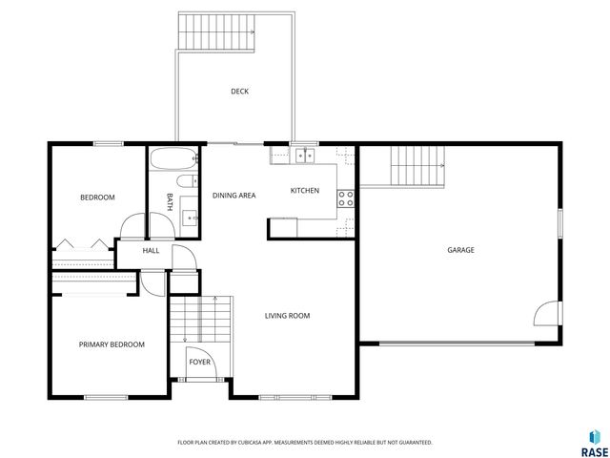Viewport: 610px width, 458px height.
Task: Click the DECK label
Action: point(239,92)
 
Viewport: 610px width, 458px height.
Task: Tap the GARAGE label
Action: point(460,250)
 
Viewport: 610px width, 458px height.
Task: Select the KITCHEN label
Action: point(304,191)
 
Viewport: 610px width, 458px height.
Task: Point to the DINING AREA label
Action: point(234,196)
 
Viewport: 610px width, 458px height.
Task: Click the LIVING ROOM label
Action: point(287,316)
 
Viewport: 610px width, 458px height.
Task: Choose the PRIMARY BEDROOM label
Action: point(112,344)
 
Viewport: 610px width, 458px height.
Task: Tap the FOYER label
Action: point(199,363)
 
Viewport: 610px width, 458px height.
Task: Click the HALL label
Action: point(151,251)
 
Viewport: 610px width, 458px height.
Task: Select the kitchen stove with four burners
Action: point(346,198)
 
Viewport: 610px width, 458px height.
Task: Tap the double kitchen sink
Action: point(306,155)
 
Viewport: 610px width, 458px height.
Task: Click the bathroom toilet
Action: point(186,181)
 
